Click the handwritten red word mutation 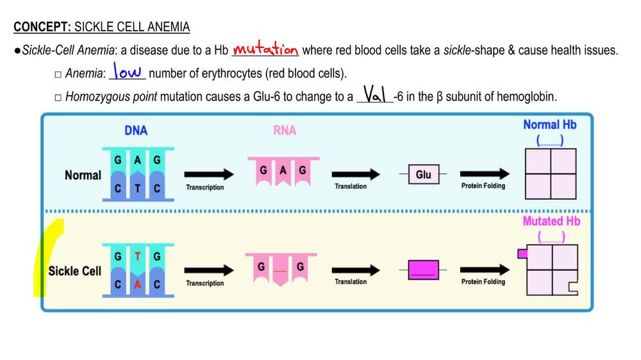point(265,49)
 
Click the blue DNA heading point(136,131)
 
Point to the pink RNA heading point(285,131)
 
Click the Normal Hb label point(549,125)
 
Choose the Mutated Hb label point(551,222)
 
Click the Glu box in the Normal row point(423,174)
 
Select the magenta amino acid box point(423,270)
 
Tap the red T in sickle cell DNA point(137,257)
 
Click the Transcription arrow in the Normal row point(209,174)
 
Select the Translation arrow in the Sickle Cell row point(356,269)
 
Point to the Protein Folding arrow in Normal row point(485,174)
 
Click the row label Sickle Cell point(74,271)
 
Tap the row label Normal point(83,175)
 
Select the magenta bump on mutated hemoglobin point(522,254)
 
